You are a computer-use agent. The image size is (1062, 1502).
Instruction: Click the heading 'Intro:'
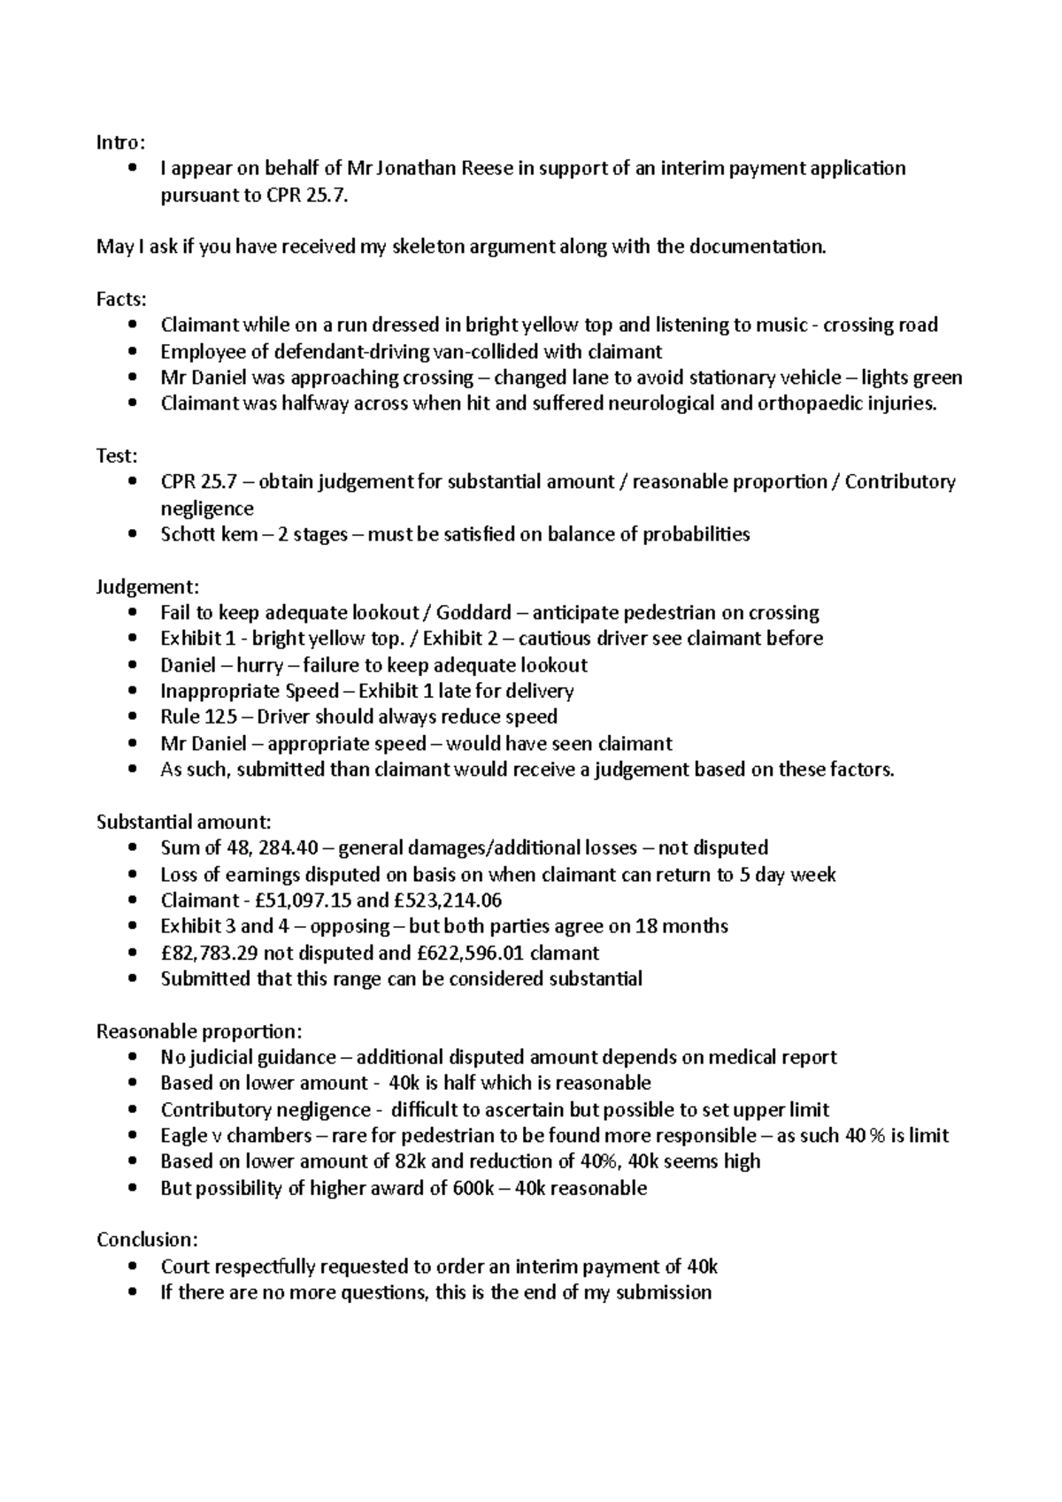tap(119, 142)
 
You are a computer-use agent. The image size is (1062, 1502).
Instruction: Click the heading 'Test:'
tap(117, 456)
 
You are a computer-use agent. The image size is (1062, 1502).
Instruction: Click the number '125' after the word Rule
tap(220, 717)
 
